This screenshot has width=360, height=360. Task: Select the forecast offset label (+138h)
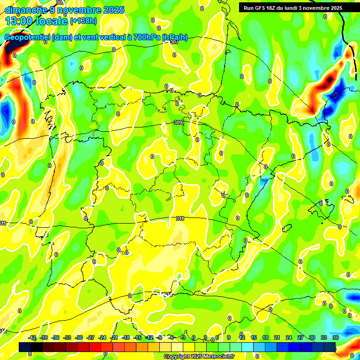[x=83, y=21]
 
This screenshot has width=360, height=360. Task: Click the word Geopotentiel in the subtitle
[x=27, y=37]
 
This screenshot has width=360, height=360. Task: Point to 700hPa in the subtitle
[x=144, y=37]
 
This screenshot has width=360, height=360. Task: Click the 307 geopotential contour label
[x=174, y=42]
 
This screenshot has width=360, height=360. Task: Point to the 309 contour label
[x=178, y=122]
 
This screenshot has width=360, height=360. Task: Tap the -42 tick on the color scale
[x=32, y=337]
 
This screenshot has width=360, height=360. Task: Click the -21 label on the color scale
[x=114, y=337]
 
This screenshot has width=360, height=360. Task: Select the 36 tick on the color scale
[x=336, y=337]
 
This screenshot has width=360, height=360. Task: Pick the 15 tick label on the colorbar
[x=253, y=337]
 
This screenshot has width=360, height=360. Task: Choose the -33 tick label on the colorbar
[x=67, y=337]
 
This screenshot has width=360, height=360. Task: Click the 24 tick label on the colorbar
[x=288, y=337]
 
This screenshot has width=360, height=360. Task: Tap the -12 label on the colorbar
[x=149, y=337]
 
